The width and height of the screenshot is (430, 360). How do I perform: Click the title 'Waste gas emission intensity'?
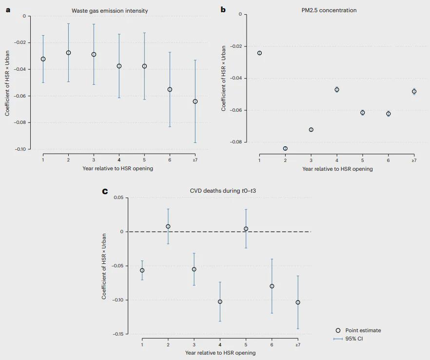click(110, 10)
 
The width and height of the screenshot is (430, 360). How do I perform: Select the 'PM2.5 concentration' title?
click(330, 10)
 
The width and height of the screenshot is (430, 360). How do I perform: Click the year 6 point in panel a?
click(170, 89)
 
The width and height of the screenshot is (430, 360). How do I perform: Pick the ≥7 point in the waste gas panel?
click(195, 101)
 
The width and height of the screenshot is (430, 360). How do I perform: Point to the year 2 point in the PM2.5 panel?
click(285, 148)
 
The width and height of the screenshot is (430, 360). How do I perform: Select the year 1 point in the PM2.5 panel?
click(259, 53)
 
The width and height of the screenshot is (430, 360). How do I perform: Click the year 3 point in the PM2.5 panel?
click(311, 130)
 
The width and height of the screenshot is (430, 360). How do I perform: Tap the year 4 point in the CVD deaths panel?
click(220, 301)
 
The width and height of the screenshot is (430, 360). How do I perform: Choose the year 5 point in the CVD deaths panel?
click(246, 228)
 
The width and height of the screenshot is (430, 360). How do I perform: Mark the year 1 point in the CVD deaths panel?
click(142, 270)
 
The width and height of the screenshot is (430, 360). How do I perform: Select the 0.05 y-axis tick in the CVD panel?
click(118, 198)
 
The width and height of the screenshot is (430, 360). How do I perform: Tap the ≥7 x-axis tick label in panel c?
click(297, 345)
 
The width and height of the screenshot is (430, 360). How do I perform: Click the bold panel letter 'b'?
click(223, 9)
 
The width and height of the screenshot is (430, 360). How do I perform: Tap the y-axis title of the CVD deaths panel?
click(104, 266)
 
